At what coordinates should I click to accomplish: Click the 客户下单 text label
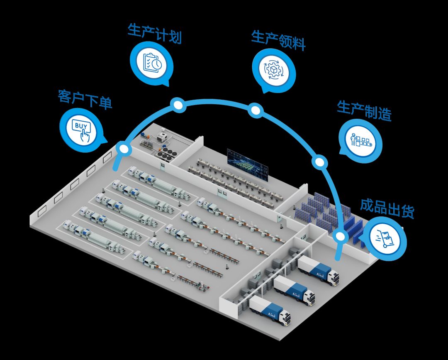[x=85, y=99]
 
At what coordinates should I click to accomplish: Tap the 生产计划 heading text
[x=155, y=33]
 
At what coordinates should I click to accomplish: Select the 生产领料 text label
[x=279, y=41]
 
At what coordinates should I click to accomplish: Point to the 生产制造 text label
[x=364, y=111]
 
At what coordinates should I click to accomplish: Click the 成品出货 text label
[x=387, y=208]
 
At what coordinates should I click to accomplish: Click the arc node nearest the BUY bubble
[x=124, y=149]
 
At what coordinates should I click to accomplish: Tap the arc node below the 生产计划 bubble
[x=178, y=105]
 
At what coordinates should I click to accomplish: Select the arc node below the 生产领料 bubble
[x=256, y=110]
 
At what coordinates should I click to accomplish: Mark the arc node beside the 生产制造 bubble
[x=320, y=162]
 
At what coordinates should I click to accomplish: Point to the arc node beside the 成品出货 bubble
[x=340, y=237]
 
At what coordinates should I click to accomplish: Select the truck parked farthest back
[x=318, y=270]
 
